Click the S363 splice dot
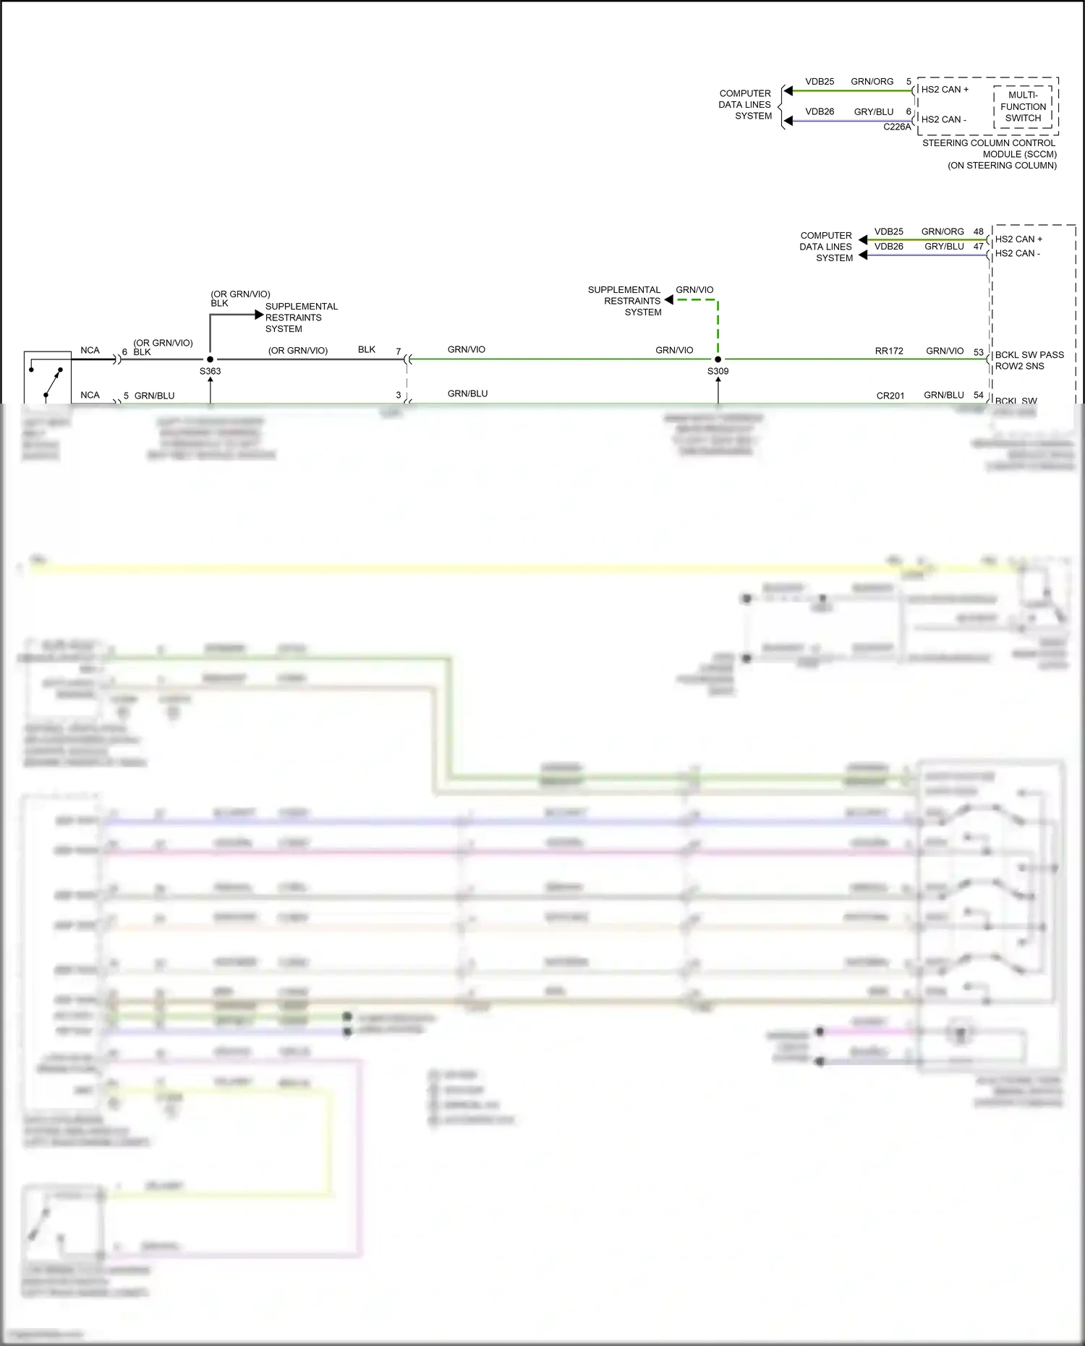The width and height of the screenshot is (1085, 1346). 210,359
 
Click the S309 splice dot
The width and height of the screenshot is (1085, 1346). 718,359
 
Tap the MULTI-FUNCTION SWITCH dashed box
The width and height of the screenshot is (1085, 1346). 1023,106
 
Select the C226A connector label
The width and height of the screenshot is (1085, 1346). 897,127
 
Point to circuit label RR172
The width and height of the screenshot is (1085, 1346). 889,351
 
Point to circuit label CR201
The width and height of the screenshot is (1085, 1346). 890,396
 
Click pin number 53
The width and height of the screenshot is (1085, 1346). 978,352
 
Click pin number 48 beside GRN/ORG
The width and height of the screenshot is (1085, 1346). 978,231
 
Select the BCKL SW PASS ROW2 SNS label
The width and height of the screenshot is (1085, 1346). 1029,360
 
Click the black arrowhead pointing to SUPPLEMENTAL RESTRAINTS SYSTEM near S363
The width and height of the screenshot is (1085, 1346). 260,315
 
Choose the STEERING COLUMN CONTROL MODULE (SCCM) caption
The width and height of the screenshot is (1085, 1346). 989,154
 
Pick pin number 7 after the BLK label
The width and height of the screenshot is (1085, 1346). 398,352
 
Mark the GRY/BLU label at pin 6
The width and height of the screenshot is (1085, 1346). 873,111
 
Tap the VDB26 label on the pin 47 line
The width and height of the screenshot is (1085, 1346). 888,247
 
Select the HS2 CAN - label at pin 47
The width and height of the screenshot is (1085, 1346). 1017,253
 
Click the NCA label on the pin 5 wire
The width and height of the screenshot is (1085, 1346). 90,395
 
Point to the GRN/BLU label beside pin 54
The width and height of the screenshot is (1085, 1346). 943,395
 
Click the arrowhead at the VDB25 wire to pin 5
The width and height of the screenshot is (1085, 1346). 789,90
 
